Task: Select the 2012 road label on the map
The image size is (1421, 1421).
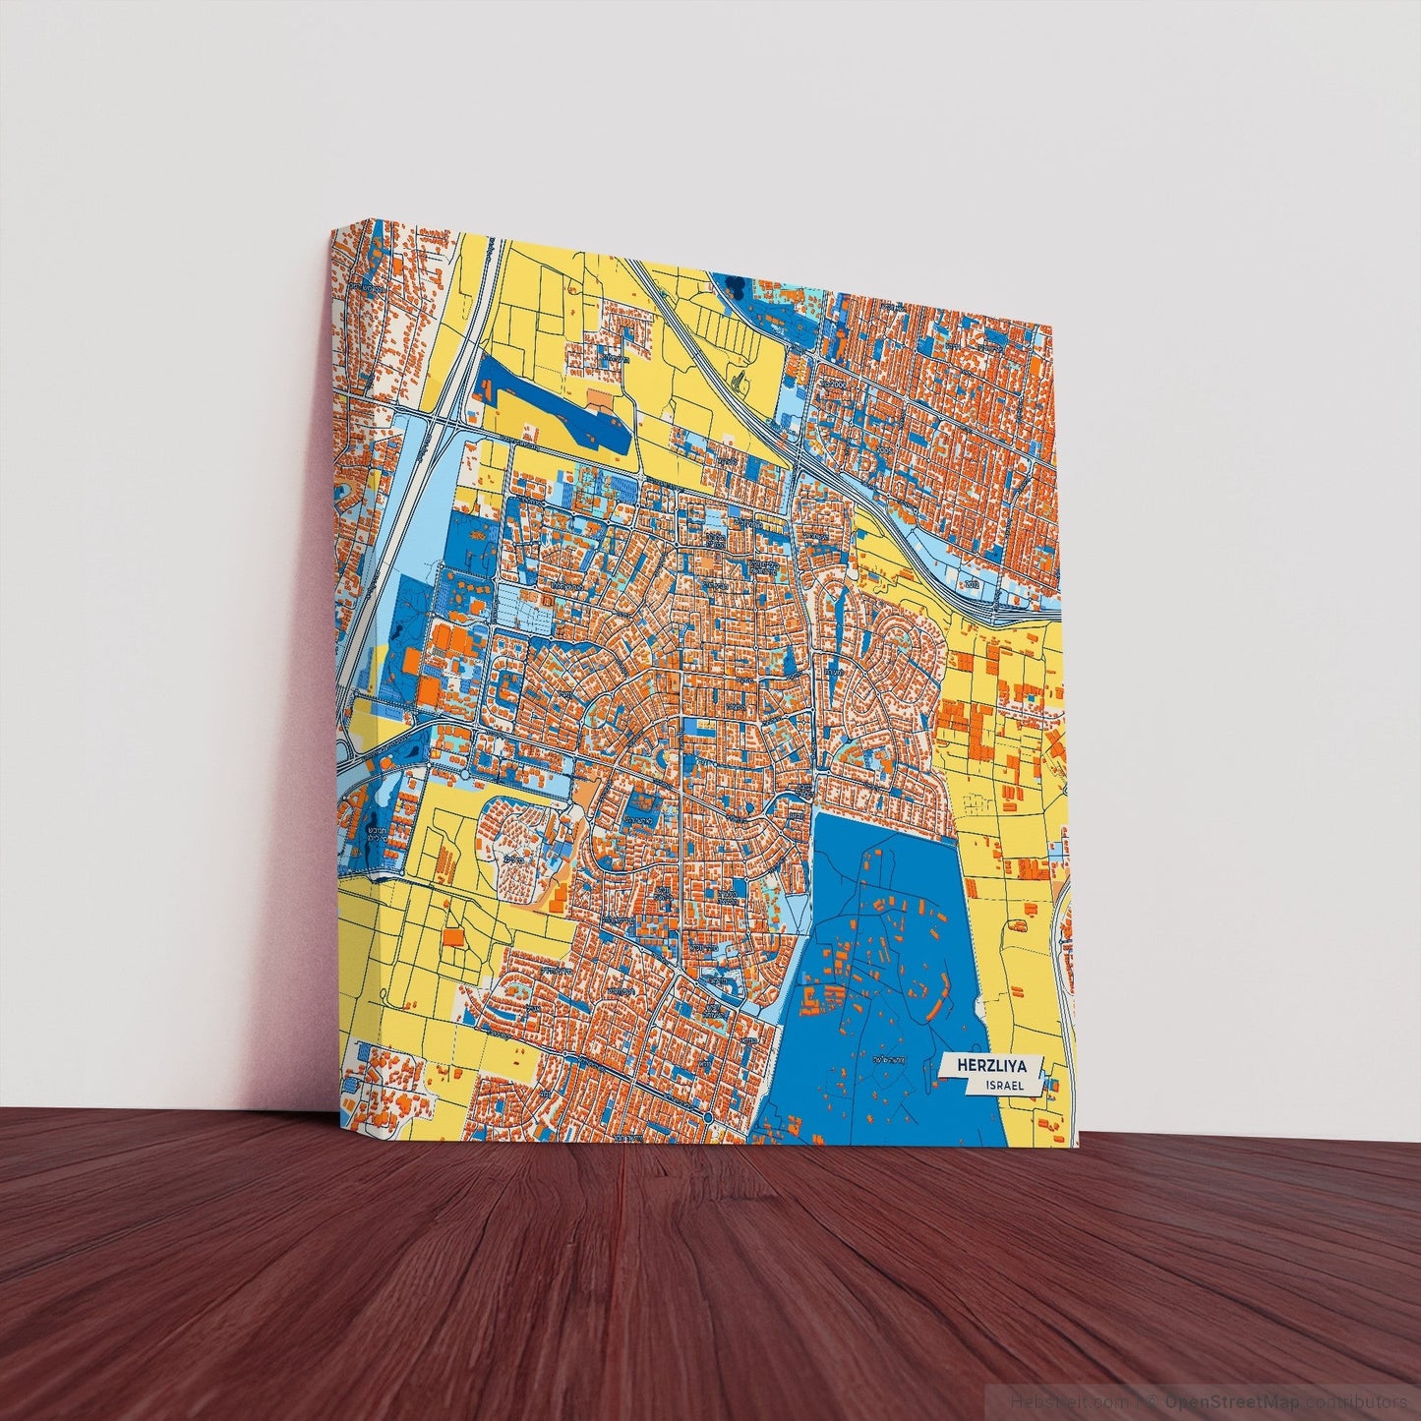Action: (x=974, y=585)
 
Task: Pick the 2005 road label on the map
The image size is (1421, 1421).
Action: (x=625, y=1138)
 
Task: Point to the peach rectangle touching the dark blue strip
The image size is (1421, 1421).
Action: (x=598, y=397)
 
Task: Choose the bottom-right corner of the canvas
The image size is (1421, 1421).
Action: (x=1079, y=1146)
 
